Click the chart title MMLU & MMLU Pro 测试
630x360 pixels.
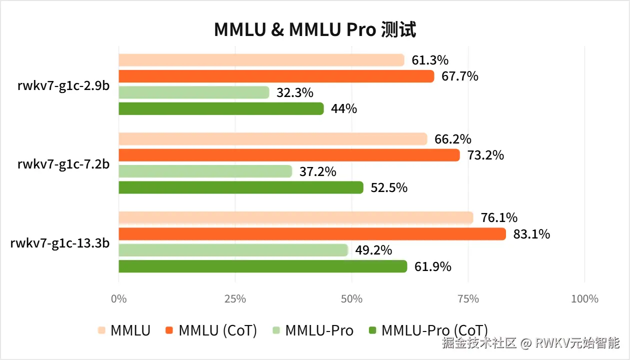pyautogui.click(x=315, y=30)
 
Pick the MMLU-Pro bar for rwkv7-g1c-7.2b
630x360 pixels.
pyautogui.click(x=205, y=171)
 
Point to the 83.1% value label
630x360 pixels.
pyautogui.click(x=531, y=234)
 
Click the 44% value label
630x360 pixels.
pyautogui.click(x=343, y=108)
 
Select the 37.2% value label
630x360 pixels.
pyautogui.click(x=318, y=172)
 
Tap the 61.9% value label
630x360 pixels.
pyautogui.click(x=432, y=266)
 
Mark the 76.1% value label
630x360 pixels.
pyautogui.click(x=499, y=218)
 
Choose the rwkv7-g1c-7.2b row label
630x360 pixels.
pyautogui.click(x=64, y=163)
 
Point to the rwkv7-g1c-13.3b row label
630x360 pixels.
pyautogui.click(x=60, y=242)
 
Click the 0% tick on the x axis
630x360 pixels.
pyautogui.click(x=118, y=299)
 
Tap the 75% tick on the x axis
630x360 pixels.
pyautogui.click(x=468, y=299)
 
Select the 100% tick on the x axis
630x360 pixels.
pyautogui.click(x=584, y=299)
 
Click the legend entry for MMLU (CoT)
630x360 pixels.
pyautogui.click(x=217, y=330)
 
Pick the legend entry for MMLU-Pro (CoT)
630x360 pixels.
pyautogui.click(x=434, y=330)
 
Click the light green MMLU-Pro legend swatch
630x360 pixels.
pyautogui.click(x=276, y=330)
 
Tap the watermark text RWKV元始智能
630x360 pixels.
pyautogui.click(x=577, y=343)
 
